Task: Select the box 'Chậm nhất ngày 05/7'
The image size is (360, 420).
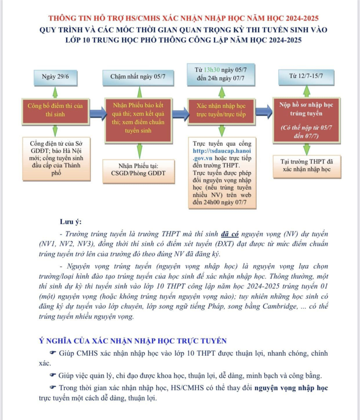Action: coord(138,77)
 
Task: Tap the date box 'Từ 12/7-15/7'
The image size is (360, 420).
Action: coord(306,77)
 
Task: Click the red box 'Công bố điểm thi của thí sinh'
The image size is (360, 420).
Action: coord(55,110)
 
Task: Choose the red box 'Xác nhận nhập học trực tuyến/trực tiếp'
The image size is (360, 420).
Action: coord(221,110)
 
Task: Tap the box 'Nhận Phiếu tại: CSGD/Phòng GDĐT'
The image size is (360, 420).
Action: coord(138,169)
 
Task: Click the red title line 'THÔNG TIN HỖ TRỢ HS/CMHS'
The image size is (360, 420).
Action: coord(184,19)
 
